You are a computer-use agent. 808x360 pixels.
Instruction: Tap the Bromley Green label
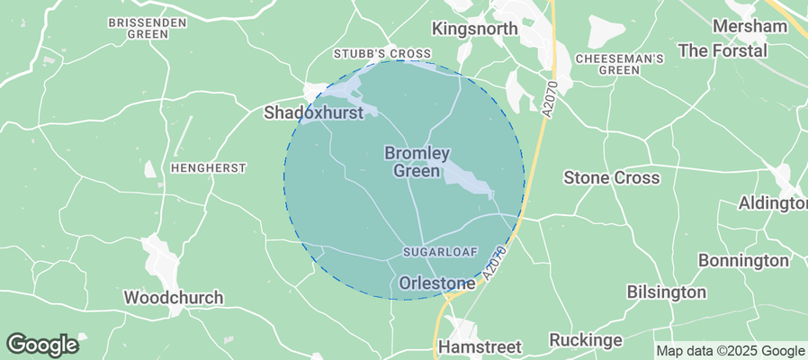pyautogui.click(x=417, y=162)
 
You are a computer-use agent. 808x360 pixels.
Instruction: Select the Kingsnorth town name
pyautogui.click(x=474, y=29)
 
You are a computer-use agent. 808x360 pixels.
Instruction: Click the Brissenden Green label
pyautogui.click(x=148, y=28)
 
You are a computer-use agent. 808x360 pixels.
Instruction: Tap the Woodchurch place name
pyautogui.click(x=173, y=297)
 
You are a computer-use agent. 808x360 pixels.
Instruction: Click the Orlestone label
pyautogui.click(x=436, y=283)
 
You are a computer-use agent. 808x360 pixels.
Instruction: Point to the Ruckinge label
pyautogui.click(x=585, y=340)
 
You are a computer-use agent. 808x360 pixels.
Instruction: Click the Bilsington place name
pyautogui.click(x=666, y=292)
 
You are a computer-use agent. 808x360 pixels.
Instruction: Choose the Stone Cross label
pyautogui.click(x=611, y=178)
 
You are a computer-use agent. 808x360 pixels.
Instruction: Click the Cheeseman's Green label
pyautogui.click(x=619, y=63)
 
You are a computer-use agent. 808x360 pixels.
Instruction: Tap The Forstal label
pyautogui.click(x=723, y=50)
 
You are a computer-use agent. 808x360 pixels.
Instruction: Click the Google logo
pyautogui.click(x=41, y=344)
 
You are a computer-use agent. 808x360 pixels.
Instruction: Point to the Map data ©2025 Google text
pyautogui.click(x=730, y=351)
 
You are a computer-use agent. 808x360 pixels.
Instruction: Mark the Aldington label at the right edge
pyautogui.click(x=772, y=203)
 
